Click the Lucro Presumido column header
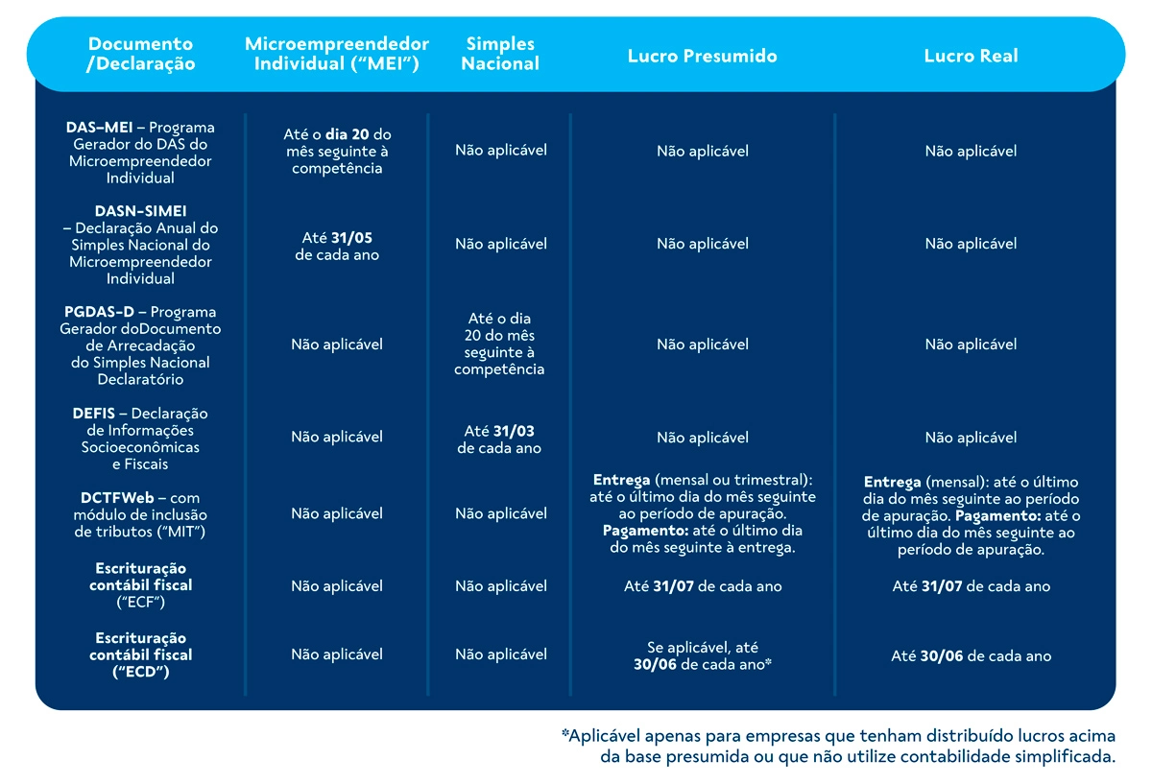tap(702, 56)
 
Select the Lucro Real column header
tap(971, 56)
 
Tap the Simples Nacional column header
tap(500, 54)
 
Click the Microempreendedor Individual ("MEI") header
tap(337, 54)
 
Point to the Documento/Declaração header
tap(140, 54)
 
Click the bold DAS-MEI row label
tap(99, 127)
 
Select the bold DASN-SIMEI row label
tap(140, 211)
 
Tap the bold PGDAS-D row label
tap(99, 312)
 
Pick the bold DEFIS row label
tap(94, 414)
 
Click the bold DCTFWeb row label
tap(117, 498)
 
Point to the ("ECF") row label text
tap(140, 602)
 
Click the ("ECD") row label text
tap(140, 672)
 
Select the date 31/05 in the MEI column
tap(351, 238)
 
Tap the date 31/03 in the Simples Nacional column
tap(514, 431)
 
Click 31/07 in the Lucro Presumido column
tap(673, 586)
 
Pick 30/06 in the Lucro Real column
tap(941, 656)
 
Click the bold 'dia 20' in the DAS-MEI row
tap(348, 134)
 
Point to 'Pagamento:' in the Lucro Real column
tap(998, 515)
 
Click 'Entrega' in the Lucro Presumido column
tap(621, 480)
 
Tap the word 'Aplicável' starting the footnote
tap(604, 736)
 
